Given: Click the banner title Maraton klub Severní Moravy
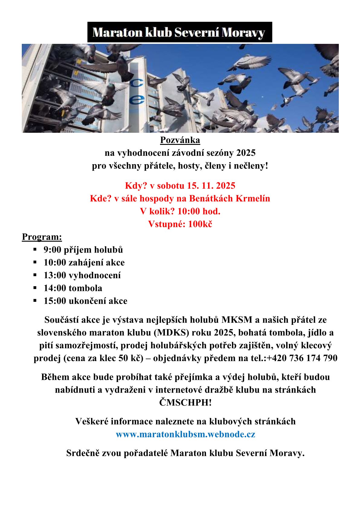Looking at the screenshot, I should point(179,32).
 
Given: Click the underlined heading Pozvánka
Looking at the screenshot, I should point(180,140).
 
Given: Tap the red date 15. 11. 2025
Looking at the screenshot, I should point(211,186).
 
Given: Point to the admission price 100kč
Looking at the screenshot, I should point(200,224).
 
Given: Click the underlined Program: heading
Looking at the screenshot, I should point(42,237).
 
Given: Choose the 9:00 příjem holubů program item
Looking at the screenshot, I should point(83,250).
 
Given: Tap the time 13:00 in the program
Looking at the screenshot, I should point(55,275).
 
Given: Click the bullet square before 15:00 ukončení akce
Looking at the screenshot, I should point(35,301).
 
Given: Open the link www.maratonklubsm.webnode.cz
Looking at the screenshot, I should point(185,434).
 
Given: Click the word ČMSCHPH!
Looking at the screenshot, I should point(185,403).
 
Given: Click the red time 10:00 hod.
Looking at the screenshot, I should point(199,211).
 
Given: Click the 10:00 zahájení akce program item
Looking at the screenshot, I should point(84,263).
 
